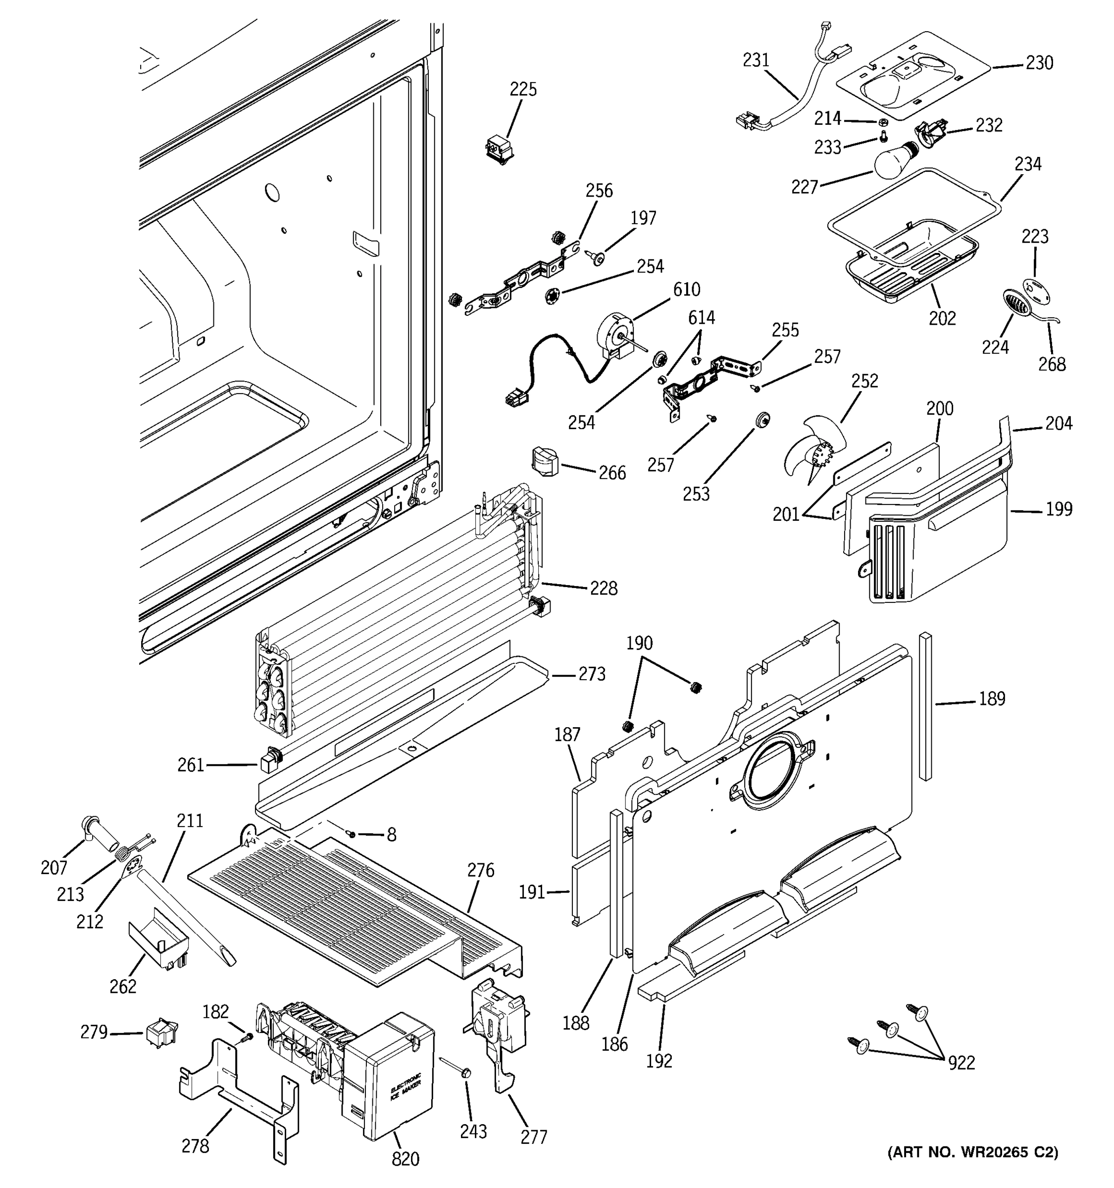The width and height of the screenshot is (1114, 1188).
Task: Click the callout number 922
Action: [961, 1062]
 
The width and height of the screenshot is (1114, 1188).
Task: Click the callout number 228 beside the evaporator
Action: [603, 588]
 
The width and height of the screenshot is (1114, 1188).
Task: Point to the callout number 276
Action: [480, 870]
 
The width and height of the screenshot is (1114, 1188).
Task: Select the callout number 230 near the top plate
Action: [1039, 62]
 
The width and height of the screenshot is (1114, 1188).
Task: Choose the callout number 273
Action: [592, 674]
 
